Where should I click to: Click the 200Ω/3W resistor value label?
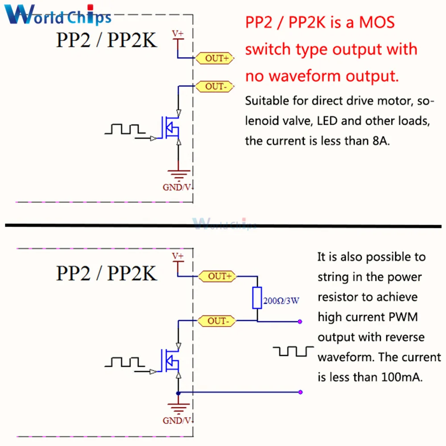pyautogui.click(x=281, y=301)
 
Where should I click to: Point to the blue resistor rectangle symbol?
pyautogui.click(x=257, y=298)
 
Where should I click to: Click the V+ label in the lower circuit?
pyautogui.click(x=178, y=256)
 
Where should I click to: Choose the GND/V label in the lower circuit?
pyautogui.click(x=177, y=420)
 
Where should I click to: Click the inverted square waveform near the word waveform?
pyautogui.click(x=293, y=351)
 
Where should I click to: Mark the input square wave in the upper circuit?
pyautogui.click(x=125, y=129)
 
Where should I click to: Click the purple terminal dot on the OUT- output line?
pyautogui.click(x=301, y=321)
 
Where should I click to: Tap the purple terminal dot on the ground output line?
pyautogui.click(x=301, y=392)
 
